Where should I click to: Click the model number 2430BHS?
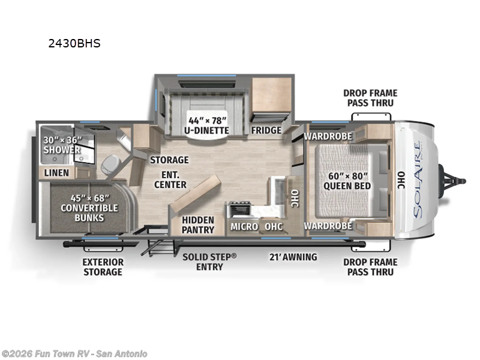point(74,43)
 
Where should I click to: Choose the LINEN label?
point(57,173)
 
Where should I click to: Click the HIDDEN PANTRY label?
point(198,224)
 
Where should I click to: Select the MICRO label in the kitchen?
point(244,226)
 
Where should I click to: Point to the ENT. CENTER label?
point(170,179)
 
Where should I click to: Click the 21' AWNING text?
point(292,257)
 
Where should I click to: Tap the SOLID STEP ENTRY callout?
point(209,262)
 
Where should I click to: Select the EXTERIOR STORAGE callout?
point(103,267)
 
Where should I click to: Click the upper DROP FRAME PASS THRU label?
point(370,98)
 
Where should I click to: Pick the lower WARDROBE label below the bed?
point(327,226)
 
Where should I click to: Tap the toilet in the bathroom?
point(110,163)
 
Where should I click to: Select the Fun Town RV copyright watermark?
point(74,353)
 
